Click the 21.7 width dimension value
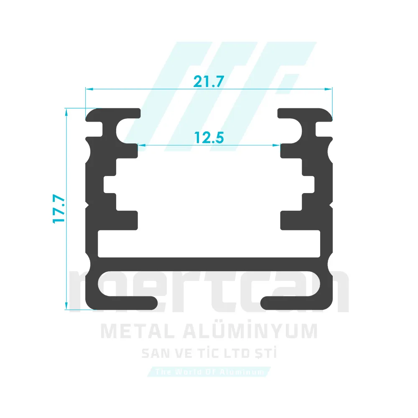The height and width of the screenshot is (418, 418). [209, 81]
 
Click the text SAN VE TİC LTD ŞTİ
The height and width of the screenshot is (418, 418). [209, 354]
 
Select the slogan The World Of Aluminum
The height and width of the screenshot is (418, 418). [209, 372]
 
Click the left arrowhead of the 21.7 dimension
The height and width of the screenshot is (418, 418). [88, 89]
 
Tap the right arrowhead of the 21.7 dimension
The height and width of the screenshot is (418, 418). [329, 89]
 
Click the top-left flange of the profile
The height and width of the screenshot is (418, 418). [113, 113]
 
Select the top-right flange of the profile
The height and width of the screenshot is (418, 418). [305, 113]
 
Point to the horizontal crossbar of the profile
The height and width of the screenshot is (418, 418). [209, 263]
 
